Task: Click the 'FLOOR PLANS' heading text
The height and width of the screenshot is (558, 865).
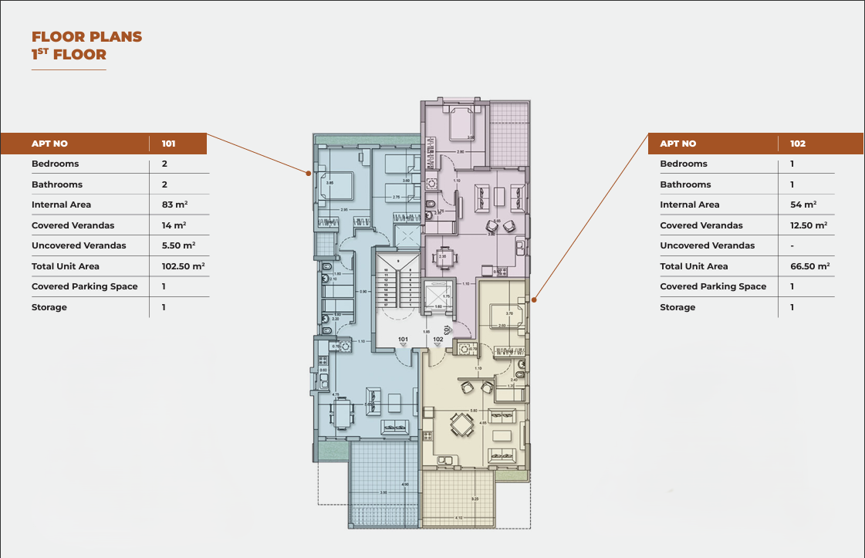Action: pos(86,36)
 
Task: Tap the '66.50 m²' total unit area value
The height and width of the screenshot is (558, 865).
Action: pos(809,266)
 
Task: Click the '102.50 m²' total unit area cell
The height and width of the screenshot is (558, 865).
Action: pos(183,266)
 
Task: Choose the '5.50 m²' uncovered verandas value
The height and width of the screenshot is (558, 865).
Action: pos(177,245)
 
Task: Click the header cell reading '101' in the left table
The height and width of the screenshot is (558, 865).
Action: pos(169,144)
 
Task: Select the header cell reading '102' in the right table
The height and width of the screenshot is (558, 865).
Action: pos(798,144)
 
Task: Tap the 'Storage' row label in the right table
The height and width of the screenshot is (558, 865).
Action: pos(676,307)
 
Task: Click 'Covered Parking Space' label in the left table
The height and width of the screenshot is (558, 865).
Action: pos(85,286)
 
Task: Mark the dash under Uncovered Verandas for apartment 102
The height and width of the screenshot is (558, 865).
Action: pos(792,245)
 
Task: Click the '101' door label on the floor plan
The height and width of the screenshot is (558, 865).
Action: pos(403,339)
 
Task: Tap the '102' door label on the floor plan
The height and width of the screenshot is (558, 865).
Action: pos(438,339)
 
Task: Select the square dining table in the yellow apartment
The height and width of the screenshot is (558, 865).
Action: pos(461,424)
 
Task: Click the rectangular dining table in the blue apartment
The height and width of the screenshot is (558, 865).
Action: pos(342,414)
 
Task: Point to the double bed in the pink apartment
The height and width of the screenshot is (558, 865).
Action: pos(460,123)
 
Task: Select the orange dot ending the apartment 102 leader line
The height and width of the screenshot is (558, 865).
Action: pos(534,297)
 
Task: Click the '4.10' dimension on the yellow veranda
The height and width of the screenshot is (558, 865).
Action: pos(458,518)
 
